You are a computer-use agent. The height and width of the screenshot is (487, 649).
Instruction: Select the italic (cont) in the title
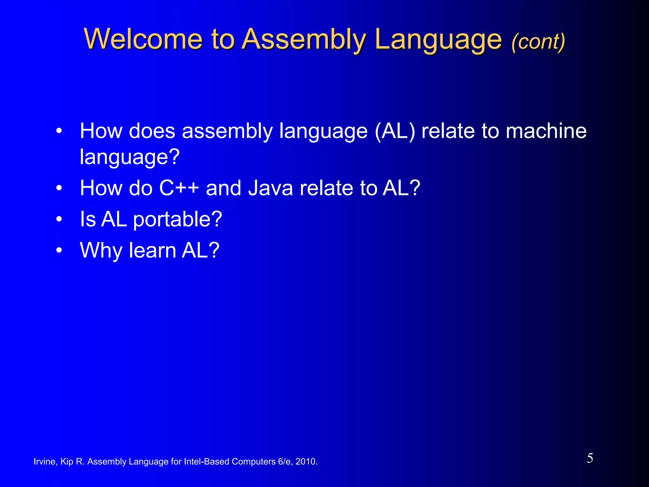(x=538, y=42)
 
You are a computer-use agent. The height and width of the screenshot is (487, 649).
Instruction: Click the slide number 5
(x=590, y=458)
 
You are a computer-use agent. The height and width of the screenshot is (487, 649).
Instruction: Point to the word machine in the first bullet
(x=546, y=131)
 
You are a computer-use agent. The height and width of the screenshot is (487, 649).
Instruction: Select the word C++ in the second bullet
(x=179, y=188)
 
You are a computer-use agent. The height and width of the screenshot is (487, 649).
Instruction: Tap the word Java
(x=270, y=188)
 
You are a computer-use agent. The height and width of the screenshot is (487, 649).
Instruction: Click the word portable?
(x=177, y=220)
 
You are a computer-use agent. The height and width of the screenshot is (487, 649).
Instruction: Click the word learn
(x=152, y=250)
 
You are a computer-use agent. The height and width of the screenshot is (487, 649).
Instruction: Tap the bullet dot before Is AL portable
(x=59, y=219)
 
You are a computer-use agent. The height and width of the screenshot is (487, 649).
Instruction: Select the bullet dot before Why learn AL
(x=59, y=250)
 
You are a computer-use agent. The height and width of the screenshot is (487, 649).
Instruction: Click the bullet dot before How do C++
(x=59, y=188)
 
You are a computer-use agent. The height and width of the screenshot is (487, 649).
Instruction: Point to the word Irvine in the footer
(x=45, y=462)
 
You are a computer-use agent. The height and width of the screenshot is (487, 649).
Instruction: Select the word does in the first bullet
(x=152, y=131)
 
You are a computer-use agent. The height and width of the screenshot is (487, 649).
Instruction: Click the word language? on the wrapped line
(x=130, y=157)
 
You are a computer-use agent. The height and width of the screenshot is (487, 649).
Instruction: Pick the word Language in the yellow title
(x=438, y=40)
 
